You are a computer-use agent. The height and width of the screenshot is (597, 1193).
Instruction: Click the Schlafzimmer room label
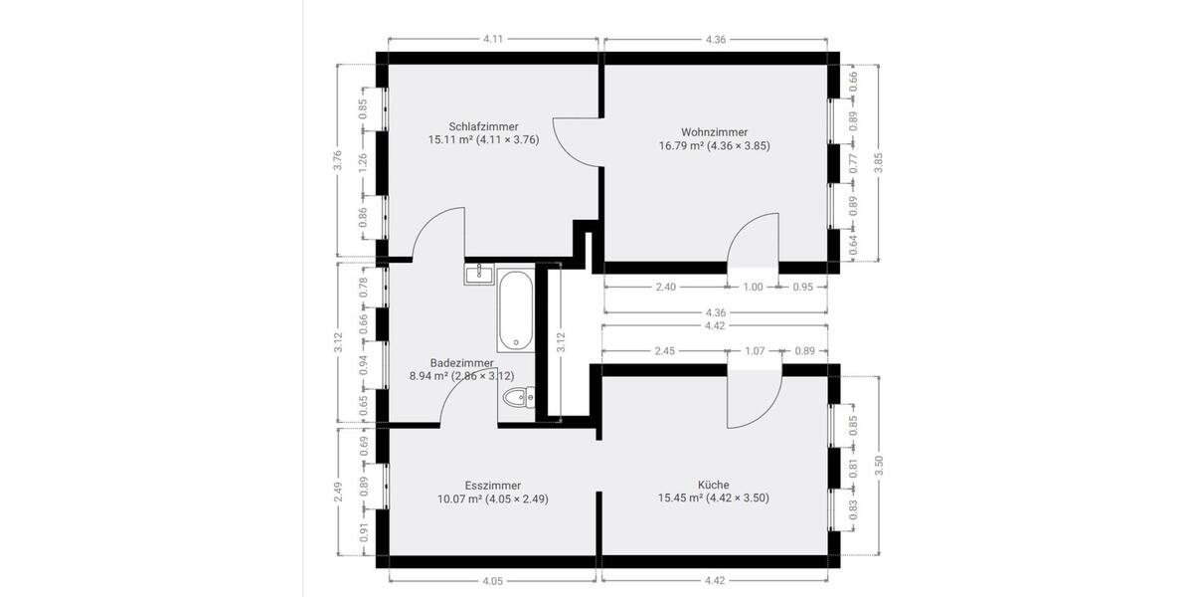tap(483, 126)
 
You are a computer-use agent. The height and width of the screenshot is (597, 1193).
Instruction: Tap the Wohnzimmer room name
tap(714, 131)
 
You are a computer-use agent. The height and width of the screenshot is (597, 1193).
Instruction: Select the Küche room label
tap(713, 485)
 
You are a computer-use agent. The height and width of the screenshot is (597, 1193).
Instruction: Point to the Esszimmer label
tap(492, 485)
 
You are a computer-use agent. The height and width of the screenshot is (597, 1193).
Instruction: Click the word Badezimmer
tap(461, 363)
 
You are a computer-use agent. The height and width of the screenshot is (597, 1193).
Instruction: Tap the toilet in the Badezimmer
tap(517, 400)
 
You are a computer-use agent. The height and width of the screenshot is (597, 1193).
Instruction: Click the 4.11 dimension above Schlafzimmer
tap(493, 39)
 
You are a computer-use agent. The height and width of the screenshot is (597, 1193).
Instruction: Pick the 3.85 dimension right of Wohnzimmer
tap(878, 163)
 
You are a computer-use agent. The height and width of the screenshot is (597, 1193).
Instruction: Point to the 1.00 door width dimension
tap(753, 288)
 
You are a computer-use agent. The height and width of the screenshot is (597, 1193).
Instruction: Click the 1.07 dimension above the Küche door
tap(755, 350)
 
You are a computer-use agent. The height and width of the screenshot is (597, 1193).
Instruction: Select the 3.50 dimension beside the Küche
tap(878, 467)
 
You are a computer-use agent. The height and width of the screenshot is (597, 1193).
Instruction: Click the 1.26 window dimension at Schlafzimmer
tap(363, 159)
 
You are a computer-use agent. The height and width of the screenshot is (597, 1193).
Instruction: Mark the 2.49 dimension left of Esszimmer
tap(338, 494)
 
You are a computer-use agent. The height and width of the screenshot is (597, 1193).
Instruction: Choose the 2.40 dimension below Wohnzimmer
tap(665, 288)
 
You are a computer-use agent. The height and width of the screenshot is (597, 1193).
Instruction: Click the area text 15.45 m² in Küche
tap(680, 498)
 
